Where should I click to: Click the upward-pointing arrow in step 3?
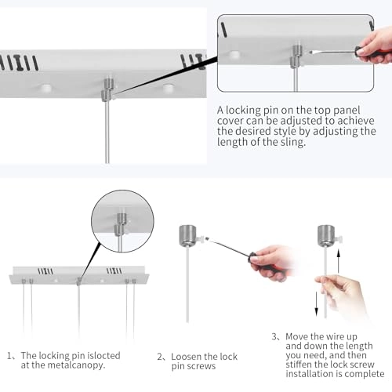[339, 262]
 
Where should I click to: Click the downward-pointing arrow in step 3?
[316, 304]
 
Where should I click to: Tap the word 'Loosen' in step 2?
[187, 357]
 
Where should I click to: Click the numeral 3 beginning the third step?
[274, 336]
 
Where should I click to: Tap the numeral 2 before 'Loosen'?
[160, 357]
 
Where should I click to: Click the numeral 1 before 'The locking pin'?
[9, 356]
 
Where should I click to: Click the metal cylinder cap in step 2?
[187, 236]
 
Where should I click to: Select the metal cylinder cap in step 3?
[326, 236]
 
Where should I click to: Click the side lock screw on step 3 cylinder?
[339, 238]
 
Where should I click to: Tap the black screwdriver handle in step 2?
[253, 258]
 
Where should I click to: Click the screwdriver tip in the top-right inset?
[311, 53]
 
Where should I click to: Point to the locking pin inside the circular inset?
[121, 224]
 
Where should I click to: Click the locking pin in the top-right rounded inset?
[296, 56]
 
